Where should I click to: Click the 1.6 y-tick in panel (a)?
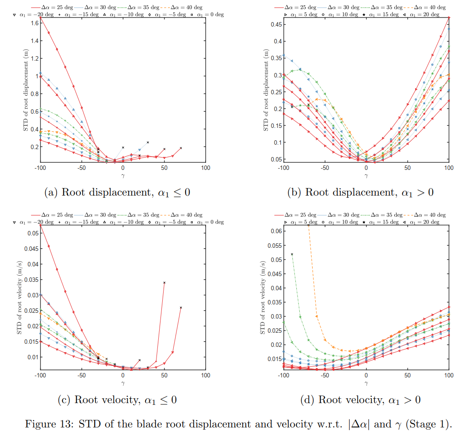(x=34, y=23)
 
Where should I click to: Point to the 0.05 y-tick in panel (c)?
(x=32, y=233)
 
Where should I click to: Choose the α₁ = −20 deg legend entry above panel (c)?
(x=33, y=222)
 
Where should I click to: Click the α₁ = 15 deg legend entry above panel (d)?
(x=378, y=222)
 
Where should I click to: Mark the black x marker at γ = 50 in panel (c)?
(x=164, y=283)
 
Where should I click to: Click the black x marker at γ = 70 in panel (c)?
(x=181, y=308)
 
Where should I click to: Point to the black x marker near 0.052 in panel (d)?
(x=292, y=254)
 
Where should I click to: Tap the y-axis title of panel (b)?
(x=266, y=90)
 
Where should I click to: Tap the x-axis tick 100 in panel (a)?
(x=206, y=168)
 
